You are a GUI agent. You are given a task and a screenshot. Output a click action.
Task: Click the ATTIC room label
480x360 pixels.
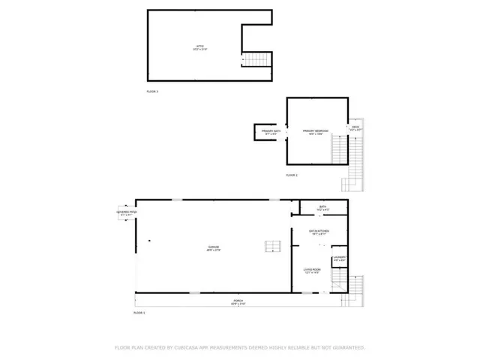200,48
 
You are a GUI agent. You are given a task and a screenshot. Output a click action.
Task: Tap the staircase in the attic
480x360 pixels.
256,59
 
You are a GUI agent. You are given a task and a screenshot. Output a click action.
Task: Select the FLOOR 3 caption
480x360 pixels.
152,91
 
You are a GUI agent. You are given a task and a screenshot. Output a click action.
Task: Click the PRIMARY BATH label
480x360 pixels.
271,132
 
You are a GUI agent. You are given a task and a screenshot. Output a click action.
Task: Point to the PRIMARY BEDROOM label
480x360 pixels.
317,132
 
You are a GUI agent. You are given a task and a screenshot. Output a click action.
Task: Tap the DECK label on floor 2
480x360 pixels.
355,127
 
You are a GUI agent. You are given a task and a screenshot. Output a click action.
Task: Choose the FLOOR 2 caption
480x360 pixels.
292,175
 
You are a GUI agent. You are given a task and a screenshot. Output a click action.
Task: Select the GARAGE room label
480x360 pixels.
214,247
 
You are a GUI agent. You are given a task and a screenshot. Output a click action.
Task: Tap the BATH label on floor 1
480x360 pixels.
322,207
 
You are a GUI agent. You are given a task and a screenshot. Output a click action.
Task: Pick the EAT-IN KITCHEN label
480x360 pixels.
322,232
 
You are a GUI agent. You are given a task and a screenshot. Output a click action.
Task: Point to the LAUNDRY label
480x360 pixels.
339,257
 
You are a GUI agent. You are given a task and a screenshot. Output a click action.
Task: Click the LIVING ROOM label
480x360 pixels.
313,271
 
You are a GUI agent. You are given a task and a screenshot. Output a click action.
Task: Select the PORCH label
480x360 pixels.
238,301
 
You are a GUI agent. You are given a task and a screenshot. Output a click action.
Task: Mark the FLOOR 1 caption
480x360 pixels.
139,312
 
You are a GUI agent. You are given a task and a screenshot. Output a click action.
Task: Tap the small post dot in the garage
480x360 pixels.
149,241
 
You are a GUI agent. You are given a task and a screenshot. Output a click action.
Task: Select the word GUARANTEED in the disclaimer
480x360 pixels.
346,348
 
